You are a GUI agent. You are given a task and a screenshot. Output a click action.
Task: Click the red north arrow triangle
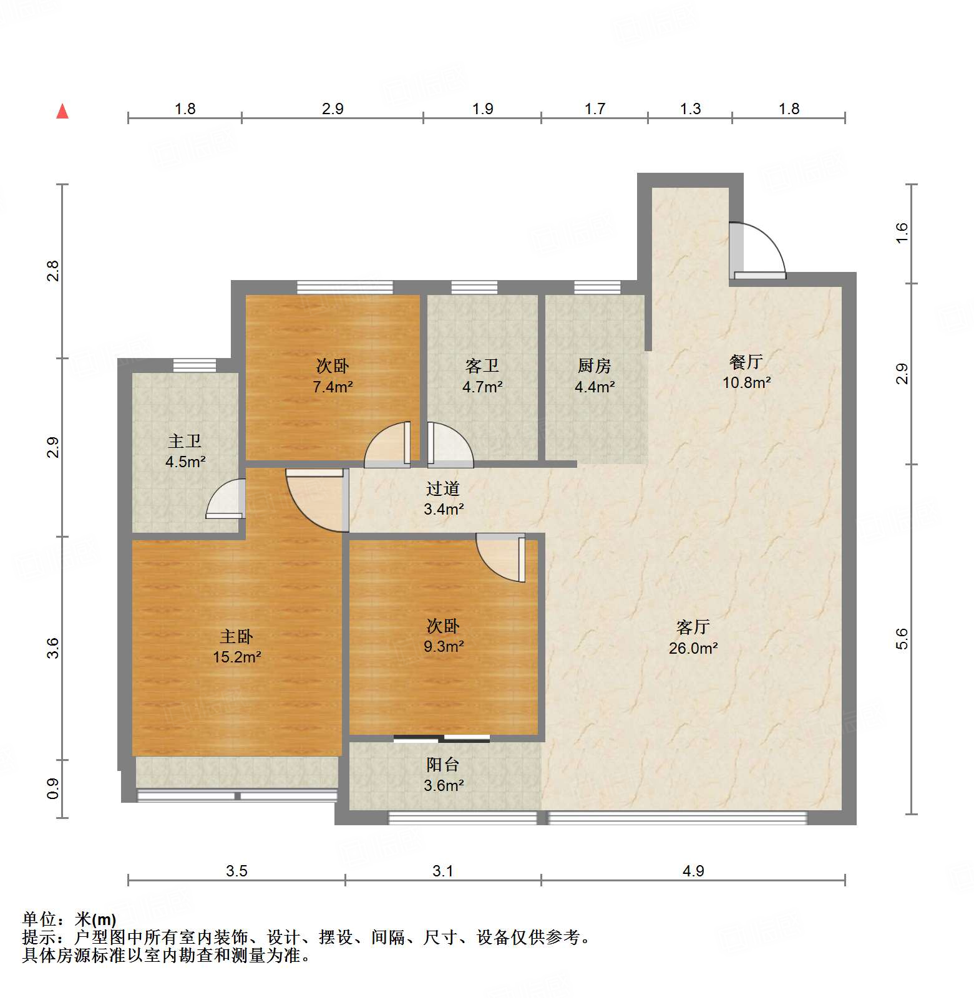[62, 112]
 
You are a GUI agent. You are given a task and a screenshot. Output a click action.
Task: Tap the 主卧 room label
[236, 636]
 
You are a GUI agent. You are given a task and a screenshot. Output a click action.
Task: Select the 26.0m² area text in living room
[693, 648]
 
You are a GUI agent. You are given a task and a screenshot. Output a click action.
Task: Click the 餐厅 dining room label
[746, 362]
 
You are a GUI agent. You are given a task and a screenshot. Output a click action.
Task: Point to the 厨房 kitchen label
[594, 366]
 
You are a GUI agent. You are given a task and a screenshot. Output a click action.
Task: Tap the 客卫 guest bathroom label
[482, 366]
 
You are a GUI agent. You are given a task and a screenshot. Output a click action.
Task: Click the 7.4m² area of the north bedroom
[333, 387]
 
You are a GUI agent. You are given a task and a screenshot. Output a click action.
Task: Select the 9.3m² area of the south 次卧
[443, 647]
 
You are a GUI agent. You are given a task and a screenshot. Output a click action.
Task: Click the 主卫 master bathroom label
[185, 442]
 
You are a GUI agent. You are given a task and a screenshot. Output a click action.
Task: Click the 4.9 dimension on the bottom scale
[693, 871]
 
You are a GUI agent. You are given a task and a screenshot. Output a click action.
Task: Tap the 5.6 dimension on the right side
[902, 639]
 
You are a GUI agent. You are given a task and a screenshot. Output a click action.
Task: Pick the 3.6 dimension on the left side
[53, 647]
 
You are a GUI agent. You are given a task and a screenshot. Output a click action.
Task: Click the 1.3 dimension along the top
[689, 109]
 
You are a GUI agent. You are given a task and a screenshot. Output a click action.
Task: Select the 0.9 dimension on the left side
[53, 788]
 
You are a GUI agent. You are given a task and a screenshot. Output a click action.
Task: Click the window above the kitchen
[597, 288]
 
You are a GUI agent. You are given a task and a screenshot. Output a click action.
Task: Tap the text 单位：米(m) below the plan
[69, 919]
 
